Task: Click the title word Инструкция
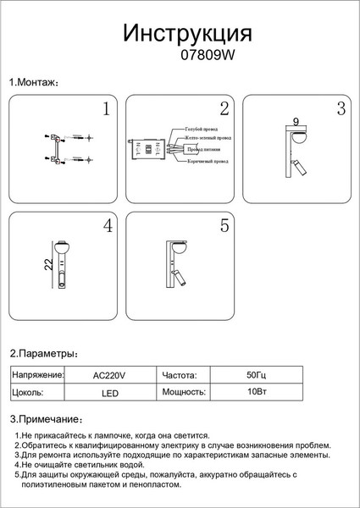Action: pyautogui.click(x=187, y=33)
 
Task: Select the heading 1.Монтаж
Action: pyautogui.click(x=33, y=83)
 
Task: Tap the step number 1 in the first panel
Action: pyautogui.click(x=106, y=109)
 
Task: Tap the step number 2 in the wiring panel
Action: pyautogui.click(x=224, y=109)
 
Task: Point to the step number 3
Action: pyautogui.click(x=341, y=109)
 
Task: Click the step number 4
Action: pyautogui.click(x=107, y=226)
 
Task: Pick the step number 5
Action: pyautogui.click(x=224, y=226)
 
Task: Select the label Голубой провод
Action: pyautogui.click(x=202, y=130)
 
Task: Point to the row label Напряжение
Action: pyautogui.click(x=38, y=374)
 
